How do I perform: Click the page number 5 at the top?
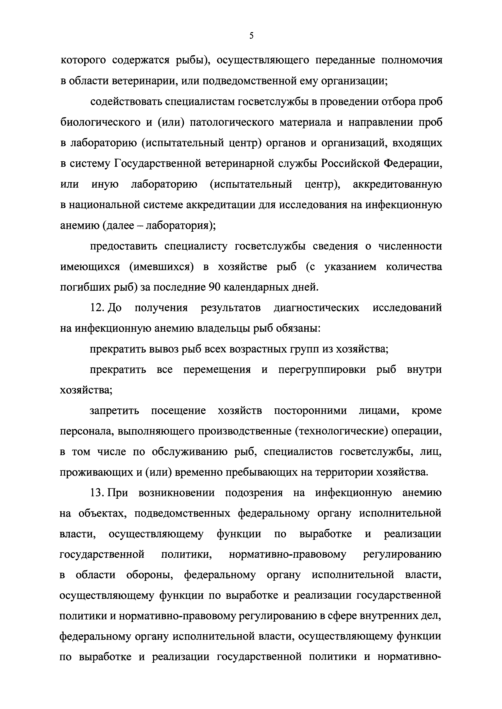click(x=251, y=36)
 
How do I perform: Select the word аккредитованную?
click(x=397, y=184)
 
